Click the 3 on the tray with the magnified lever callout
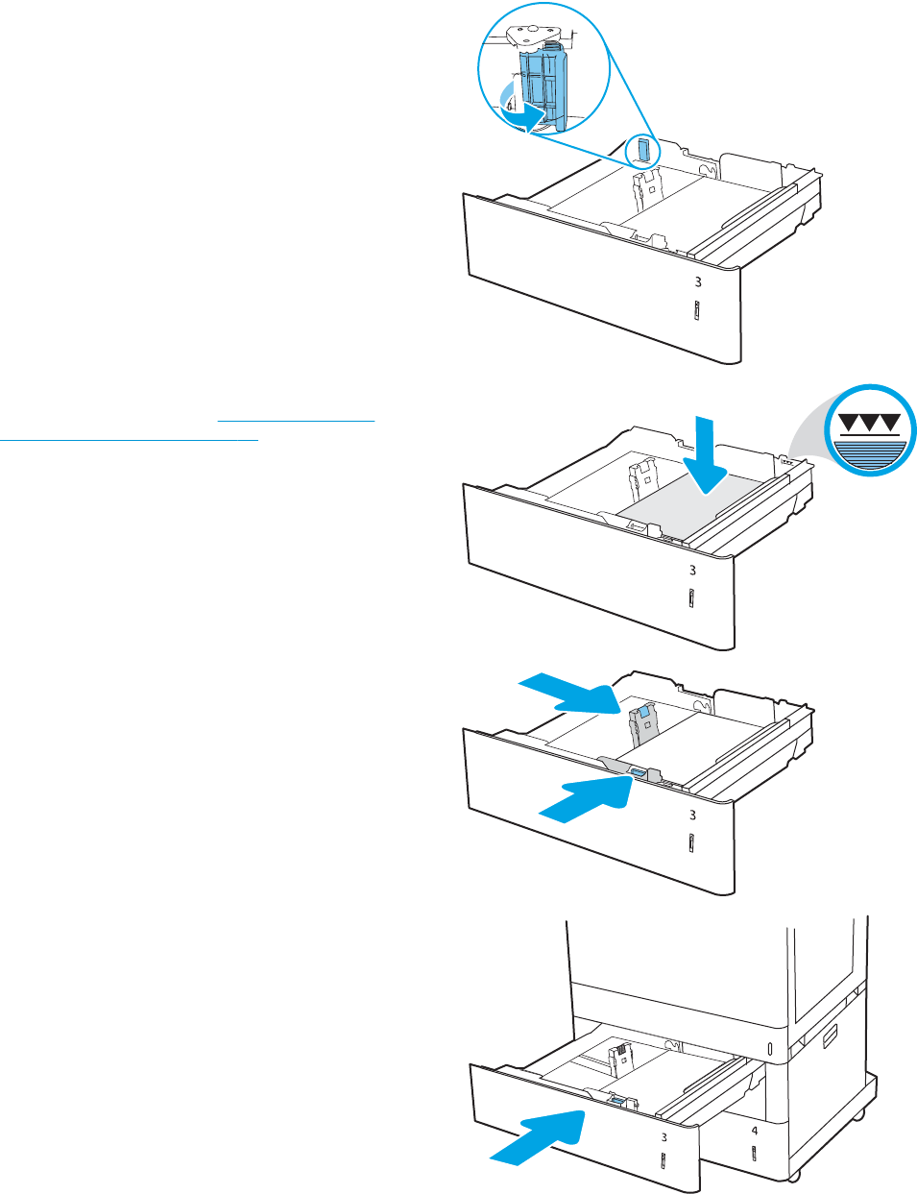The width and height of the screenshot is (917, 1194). click(x=698, y=282)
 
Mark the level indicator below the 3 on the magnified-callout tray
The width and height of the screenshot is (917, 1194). click(x=696, y=313)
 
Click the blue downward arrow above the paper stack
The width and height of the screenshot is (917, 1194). click(x=707, y=451)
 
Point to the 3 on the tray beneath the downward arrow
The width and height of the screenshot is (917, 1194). click(x=692, y=571)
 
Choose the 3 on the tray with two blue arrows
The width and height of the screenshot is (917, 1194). click(x=692, y=816)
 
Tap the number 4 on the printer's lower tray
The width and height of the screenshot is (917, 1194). click(x=754, y=1132)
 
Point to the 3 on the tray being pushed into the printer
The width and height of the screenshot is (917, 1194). click(x=664, y=1137)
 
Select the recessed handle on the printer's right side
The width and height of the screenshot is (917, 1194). click(x=829, y=1036)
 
